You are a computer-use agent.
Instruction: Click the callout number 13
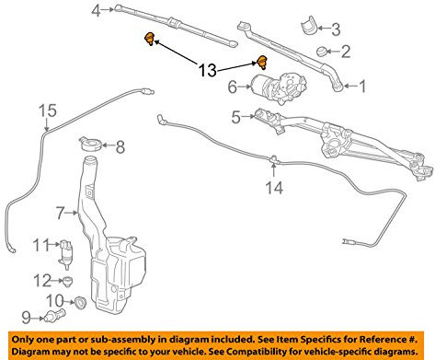coord(208,70)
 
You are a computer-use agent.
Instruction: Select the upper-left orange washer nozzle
coord(149,39)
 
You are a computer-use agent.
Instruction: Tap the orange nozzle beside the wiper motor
coord(261,62)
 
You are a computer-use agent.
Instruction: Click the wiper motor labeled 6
coord(279,87)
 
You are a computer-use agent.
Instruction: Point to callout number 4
coord(96,11)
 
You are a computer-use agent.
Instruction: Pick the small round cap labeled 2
coord(322,52)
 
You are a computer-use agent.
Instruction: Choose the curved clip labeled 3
coord(308,26)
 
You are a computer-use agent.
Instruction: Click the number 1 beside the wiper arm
coord(362,87)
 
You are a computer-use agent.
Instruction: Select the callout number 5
coord(235,117)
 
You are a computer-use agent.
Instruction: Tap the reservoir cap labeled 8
coord(90,144)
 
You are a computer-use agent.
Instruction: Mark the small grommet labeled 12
coord(67,281)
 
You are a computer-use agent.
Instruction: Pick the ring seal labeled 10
coord(81,302)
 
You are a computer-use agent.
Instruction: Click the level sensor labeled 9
coord(54,315)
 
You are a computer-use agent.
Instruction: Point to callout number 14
coord(274,188)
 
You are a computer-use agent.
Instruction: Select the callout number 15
coord(48,110)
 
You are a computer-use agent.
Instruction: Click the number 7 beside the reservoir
coord(60,213)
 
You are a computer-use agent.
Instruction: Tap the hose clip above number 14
coord(273,159)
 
